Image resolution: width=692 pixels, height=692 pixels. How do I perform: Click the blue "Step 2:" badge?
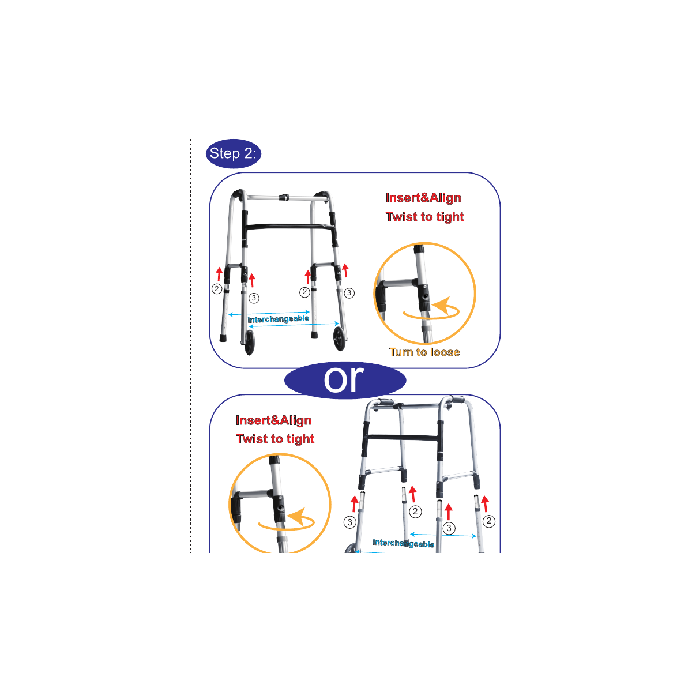233,153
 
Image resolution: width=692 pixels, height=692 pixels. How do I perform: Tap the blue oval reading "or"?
345,380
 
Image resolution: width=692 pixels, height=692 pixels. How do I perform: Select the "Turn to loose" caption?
424,352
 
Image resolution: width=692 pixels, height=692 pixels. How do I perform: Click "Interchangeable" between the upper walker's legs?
279,319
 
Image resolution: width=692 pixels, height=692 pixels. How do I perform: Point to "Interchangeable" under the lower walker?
403,543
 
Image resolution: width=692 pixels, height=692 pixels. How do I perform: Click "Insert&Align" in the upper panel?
423,198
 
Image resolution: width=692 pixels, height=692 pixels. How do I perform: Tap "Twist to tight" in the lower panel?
275,438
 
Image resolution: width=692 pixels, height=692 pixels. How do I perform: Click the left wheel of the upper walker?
250,342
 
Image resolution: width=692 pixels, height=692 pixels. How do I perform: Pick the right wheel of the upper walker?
339,339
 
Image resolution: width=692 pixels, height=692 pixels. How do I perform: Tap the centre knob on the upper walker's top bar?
284,198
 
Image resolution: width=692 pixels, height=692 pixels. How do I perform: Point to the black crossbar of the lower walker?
402,437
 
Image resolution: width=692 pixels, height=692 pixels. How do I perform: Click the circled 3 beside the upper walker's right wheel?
349,293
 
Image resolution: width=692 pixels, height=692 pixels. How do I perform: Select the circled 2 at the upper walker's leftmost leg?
217,289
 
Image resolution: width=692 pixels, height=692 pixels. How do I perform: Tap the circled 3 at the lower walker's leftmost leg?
350,522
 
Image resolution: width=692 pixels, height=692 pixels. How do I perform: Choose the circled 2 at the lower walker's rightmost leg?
489,521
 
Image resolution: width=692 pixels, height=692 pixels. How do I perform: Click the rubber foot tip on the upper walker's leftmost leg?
223,338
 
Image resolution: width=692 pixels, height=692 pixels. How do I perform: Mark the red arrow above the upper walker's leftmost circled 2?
219,274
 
